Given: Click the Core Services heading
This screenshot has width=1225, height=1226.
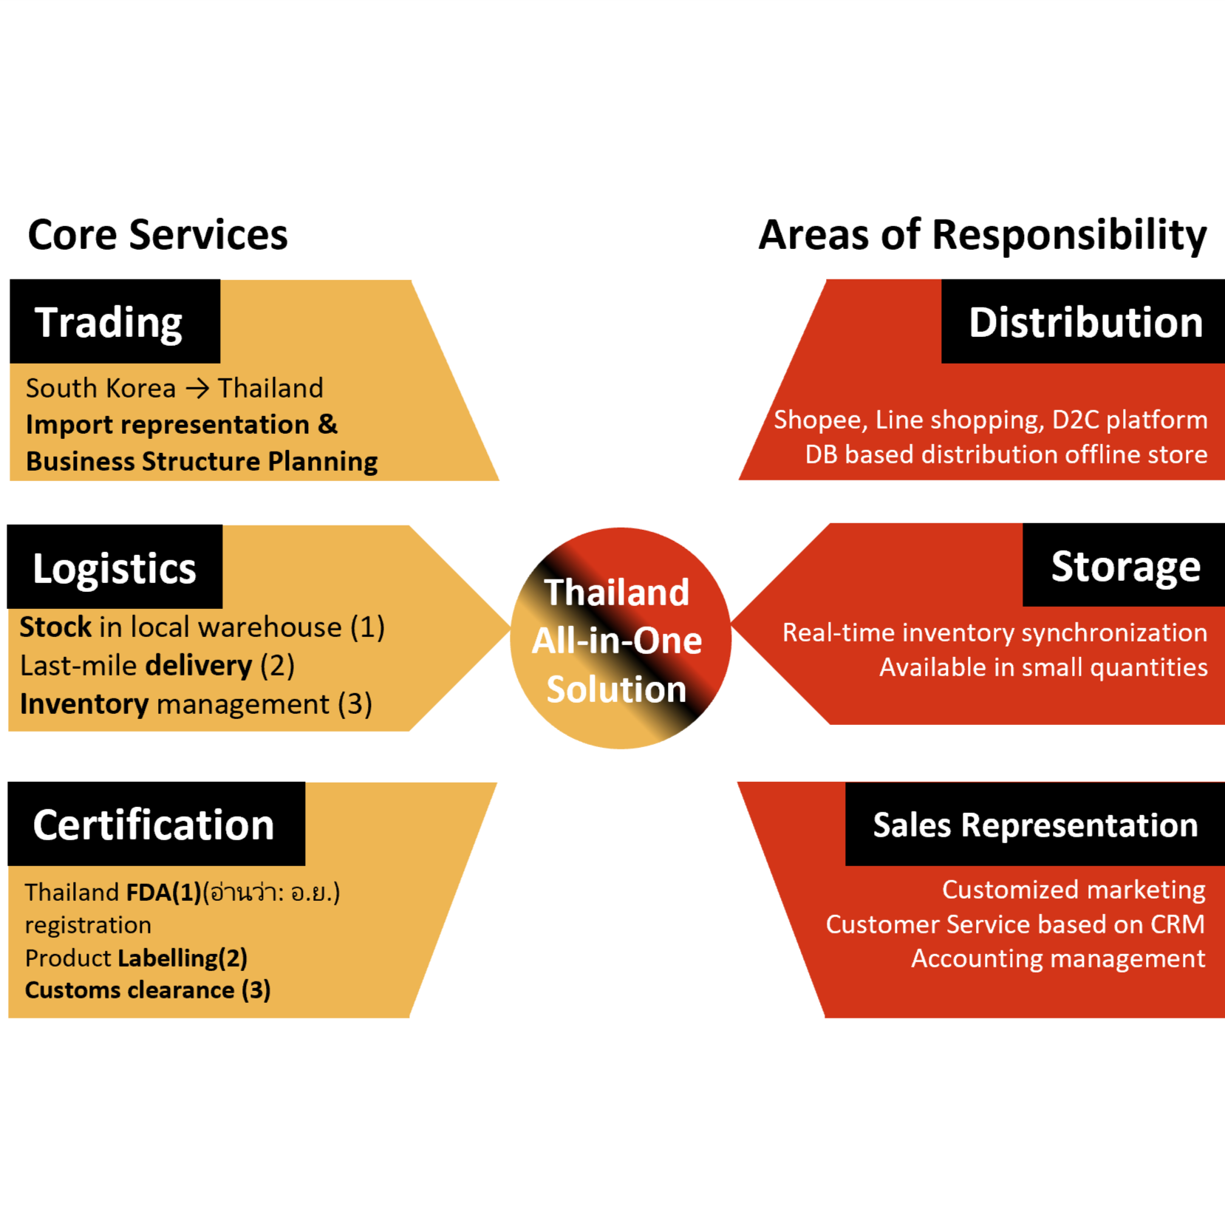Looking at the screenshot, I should (157, 235).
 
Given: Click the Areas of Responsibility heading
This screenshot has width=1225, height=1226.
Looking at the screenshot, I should (982, 235).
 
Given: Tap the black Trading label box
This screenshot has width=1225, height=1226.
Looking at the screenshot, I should (115, 321).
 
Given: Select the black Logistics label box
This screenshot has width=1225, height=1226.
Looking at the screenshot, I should (115, 567).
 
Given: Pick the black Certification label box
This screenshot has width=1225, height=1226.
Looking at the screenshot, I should (156, 824).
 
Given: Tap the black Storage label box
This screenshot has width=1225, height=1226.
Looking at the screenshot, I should (1124, 565).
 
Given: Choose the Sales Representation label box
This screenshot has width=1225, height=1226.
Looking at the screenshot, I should (1034, 824).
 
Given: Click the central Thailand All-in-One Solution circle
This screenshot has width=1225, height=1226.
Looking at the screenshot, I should (620, 638).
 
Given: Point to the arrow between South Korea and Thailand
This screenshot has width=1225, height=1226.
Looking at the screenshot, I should (197, 389).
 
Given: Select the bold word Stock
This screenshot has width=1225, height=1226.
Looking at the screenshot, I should (55, 627).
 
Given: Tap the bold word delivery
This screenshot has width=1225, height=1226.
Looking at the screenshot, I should (199, 666).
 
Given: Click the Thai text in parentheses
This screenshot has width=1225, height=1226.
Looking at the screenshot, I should (271, 893).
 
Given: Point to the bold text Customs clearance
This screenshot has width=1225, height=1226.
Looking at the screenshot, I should (130, 990).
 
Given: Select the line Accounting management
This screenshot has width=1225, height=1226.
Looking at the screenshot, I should (1058, 958).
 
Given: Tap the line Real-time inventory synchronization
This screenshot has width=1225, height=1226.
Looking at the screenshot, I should (994, 633).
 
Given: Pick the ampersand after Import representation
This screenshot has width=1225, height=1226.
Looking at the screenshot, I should (327, 424).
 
